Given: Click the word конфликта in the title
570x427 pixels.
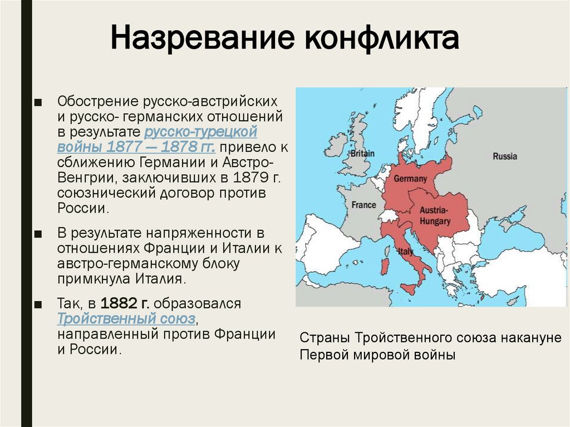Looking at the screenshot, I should [381, 40].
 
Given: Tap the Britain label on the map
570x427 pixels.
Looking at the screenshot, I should [362, 153].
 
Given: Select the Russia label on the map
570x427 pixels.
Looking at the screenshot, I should [504, 156].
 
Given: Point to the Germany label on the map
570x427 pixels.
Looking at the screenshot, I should [410, 179].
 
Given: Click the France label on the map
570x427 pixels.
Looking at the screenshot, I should [363, 205].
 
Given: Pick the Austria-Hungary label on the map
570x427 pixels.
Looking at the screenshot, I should [435, 217].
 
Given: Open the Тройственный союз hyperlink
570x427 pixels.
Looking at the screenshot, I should [126, 319].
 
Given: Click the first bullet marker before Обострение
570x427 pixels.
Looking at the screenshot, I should [37, 102].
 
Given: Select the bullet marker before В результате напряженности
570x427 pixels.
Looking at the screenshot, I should [37, 232].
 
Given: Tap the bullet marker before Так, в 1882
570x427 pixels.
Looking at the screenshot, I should [37, 305].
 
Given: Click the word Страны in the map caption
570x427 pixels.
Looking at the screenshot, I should [324, 338].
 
